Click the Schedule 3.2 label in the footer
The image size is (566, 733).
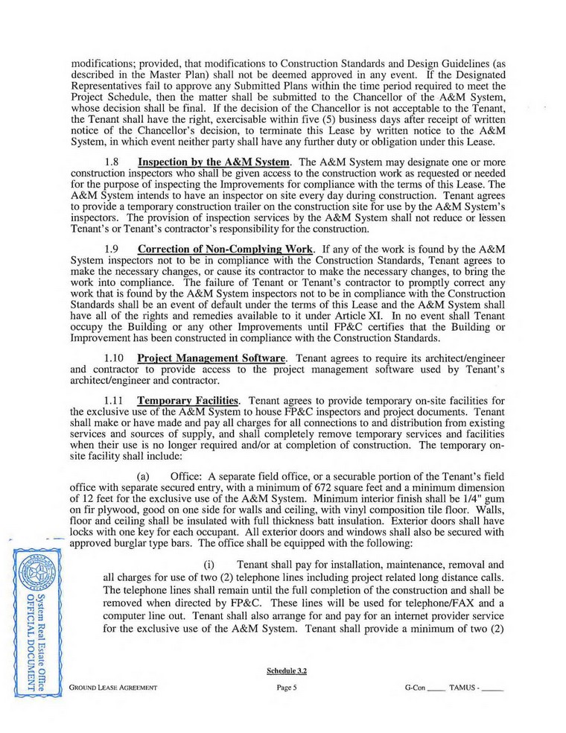(x=287, y=670)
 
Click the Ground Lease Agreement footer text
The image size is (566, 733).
(x=118, y=688)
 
